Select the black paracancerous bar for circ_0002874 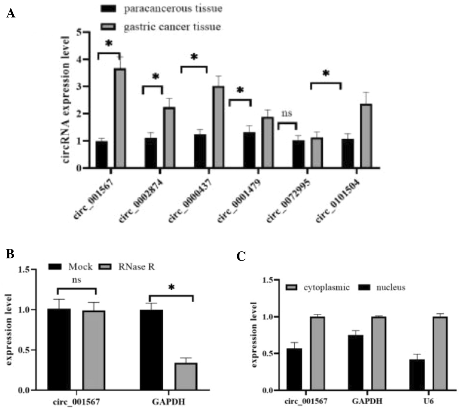pos(151,153)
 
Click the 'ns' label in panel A pos(287,113)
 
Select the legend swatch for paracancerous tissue pos(108,8)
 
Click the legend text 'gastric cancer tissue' pos(172,27)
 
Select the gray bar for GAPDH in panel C pos(379,353)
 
